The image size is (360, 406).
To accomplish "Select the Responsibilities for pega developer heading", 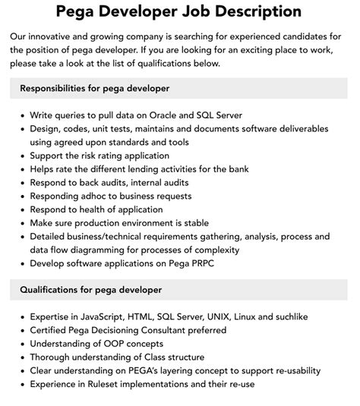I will (x=94, y=89).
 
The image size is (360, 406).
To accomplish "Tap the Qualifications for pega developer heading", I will (x=91, y=290).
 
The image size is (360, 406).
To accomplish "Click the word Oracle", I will (x=174, y=115).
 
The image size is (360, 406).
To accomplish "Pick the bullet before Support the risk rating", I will (x=21, y=156).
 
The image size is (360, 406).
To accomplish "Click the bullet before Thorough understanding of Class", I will (x=21, y=357).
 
